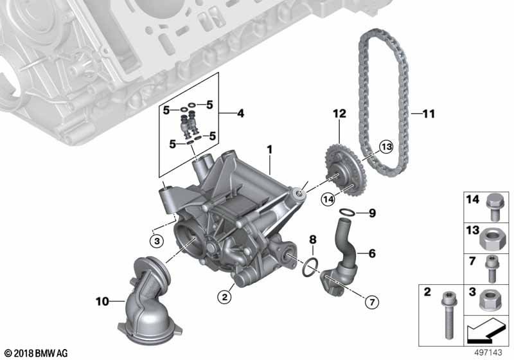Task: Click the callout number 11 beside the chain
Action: coord(428,114)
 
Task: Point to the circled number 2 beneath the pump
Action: coord(224,296)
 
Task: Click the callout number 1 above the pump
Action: coord(270,150)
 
